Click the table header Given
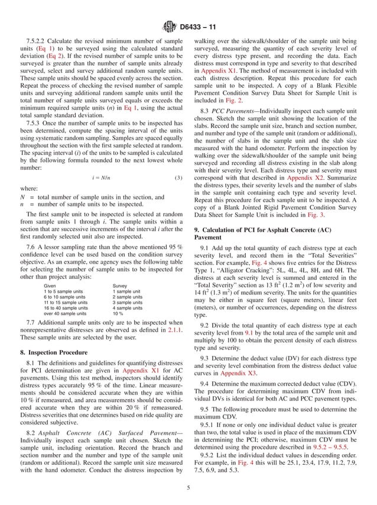pyautogui.click(x=50, y=286)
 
